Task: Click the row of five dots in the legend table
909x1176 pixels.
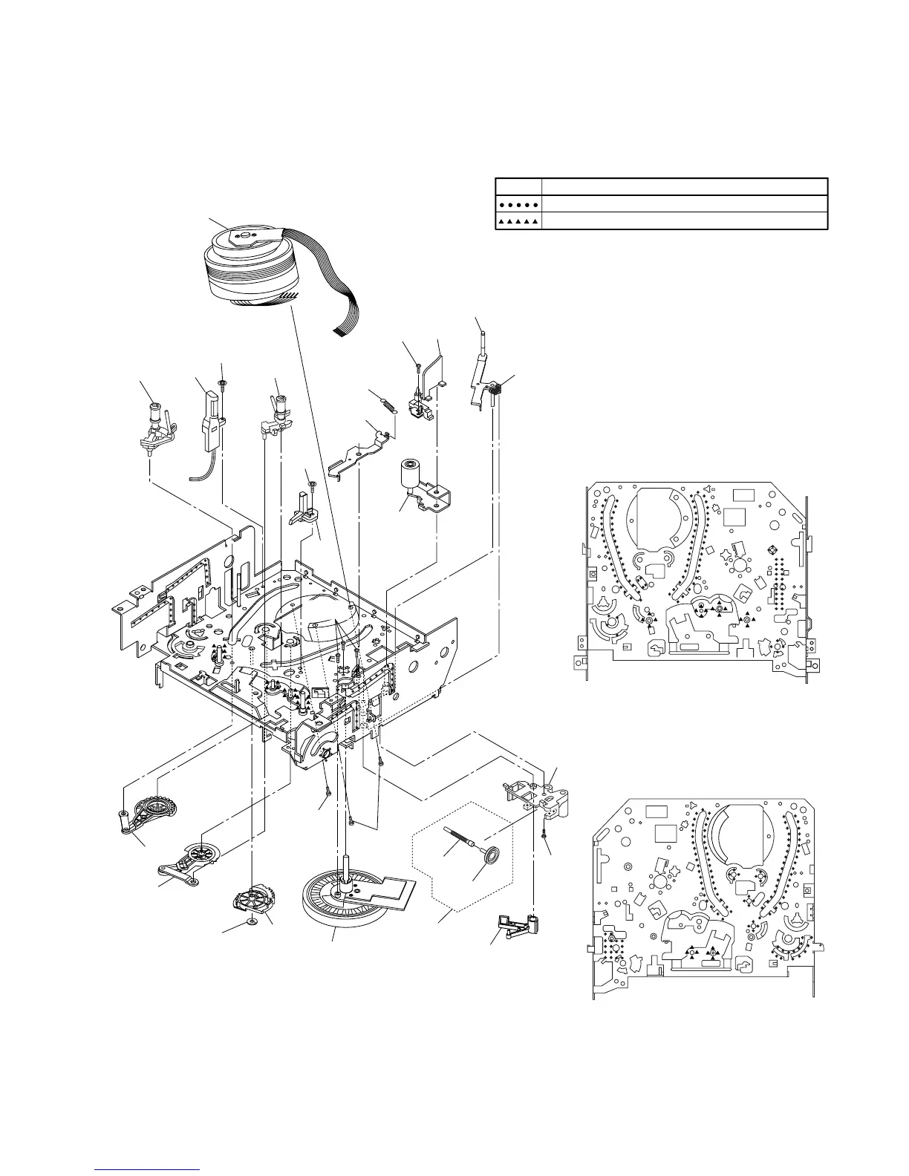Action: click(x=518, y=203)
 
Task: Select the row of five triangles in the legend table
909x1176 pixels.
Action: click(x=518, y=220)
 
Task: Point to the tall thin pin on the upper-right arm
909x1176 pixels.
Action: click(x=480, y=343)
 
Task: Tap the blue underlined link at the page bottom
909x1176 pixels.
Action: click(x=149, y=1169)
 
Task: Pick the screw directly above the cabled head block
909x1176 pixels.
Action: click(x=221, y=384)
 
